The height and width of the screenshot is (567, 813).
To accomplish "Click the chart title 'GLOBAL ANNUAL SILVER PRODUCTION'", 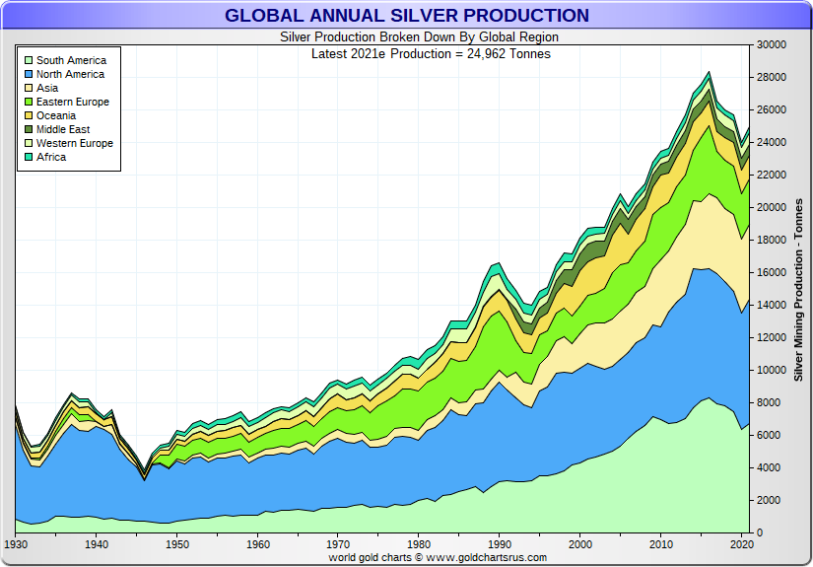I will click(x=406, y=16).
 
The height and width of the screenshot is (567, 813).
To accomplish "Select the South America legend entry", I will click(x=70, y=60).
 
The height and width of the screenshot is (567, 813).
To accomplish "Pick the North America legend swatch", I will click(x=29, y=74).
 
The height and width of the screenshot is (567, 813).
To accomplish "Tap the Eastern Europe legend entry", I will click(x=72, y=102).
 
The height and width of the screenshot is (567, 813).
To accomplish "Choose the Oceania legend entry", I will click(x=61, y=115).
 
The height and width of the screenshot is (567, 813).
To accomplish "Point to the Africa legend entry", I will click(x=51, y=157).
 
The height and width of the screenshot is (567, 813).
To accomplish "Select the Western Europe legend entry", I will click(x=74, y=143).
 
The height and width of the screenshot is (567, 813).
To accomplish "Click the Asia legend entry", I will click(x=47, y=88).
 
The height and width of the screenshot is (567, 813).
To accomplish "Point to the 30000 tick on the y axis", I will click(x=772, y=45).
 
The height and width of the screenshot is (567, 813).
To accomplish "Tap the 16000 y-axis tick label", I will click(x=772, y=273).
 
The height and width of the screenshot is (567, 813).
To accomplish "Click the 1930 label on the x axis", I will click(x=16, y=544).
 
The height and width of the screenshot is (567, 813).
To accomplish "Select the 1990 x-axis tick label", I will click(x=500, y=544).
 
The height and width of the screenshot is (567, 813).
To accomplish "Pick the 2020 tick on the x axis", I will click(x=742, y=544).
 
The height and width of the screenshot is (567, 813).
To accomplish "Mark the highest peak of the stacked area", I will click(x=708, y=72).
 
